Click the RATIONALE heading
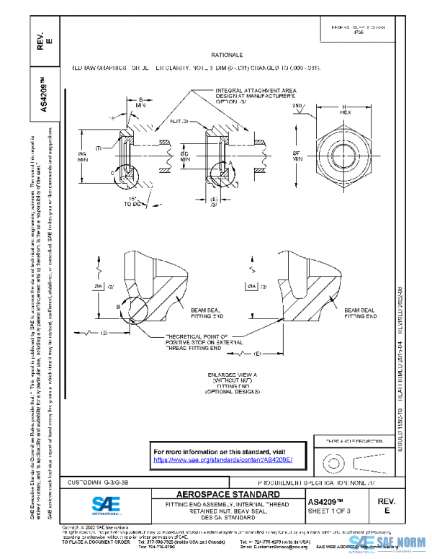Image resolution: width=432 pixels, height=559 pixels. tap(227, 55)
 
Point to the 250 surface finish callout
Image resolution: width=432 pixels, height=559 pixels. tap(297, 107)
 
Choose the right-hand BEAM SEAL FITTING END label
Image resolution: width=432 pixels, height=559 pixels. tap(361, 313)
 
